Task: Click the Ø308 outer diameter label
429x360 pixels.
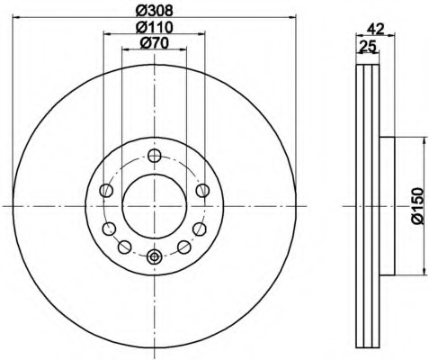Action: [x=155, y=11]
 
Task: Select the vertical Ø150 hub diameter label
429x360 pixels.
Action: [x=416, y=205]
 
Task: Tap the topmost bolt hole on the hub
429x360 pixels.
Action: [x=154, y=154]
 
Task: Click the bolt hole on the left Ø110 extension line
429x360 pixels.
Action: [x=104, y=190]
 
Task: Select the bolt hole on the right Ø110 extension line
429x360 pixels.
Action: [x=203, y=190]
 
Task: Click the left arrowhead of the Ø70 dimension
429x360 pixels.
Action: [x=125, y=50]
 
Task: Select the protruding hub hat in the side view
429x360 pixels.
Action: [x=388, y=205]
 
